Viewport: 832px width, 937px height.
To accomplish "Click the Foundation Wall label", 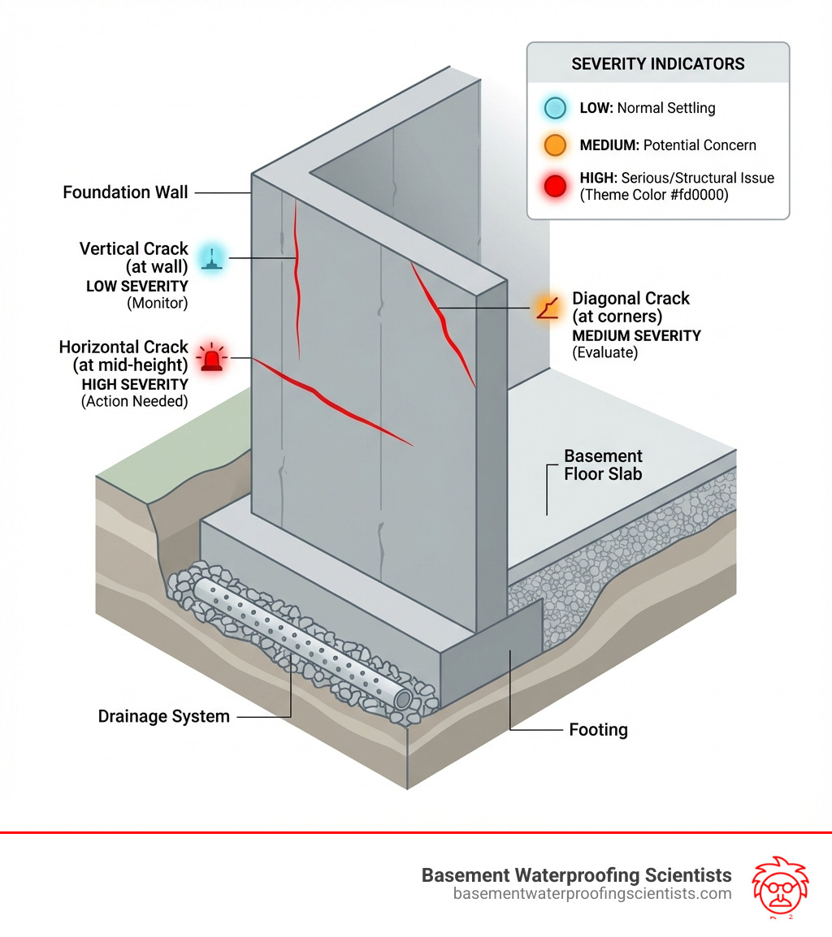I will coord(125,192).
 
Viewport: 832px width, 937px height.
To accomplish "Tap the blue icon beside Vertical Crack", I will coord(211,257).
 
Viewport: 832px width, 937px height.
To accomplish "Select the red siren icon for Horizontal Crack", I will coord(212,357).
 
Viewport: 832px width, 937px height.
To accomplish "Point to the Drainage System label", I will coord(163,716).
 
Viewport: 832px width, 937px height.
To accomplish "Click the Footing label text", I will coord(598,730).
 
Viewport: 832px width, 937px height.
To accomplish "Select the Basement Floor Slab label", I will coord(603,464).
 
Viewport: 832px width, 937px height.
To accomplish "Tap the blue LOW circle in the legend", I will coord(557,107).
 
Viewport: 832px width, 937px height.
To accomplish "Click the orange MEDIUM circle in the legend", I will coord(557,145).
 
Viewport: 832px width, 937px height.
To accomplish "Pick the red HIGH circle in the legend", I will coord(557,186).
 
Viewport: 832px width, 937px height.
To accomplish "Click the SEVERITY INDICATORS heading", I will coord(657,63).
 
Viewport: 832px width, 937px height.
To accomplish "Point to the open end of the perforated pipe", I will coord(403,700).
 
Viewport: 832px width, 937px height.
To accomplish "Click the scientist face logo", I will coord(776,885).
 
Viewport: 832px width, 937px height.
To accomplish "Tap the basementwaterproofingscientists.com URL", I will coord(592,894).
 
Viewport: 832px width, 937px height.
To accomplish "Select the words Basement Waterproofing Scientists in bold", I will coord(576,875).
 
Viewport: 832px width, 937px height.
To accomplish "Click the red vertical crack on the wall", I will coord(297,276).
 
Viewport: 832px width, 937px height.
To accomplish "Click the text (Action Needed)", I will coord(135,401).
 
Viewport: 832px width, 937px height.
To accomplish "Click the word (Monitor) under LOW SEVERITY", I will coord(158,303).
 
